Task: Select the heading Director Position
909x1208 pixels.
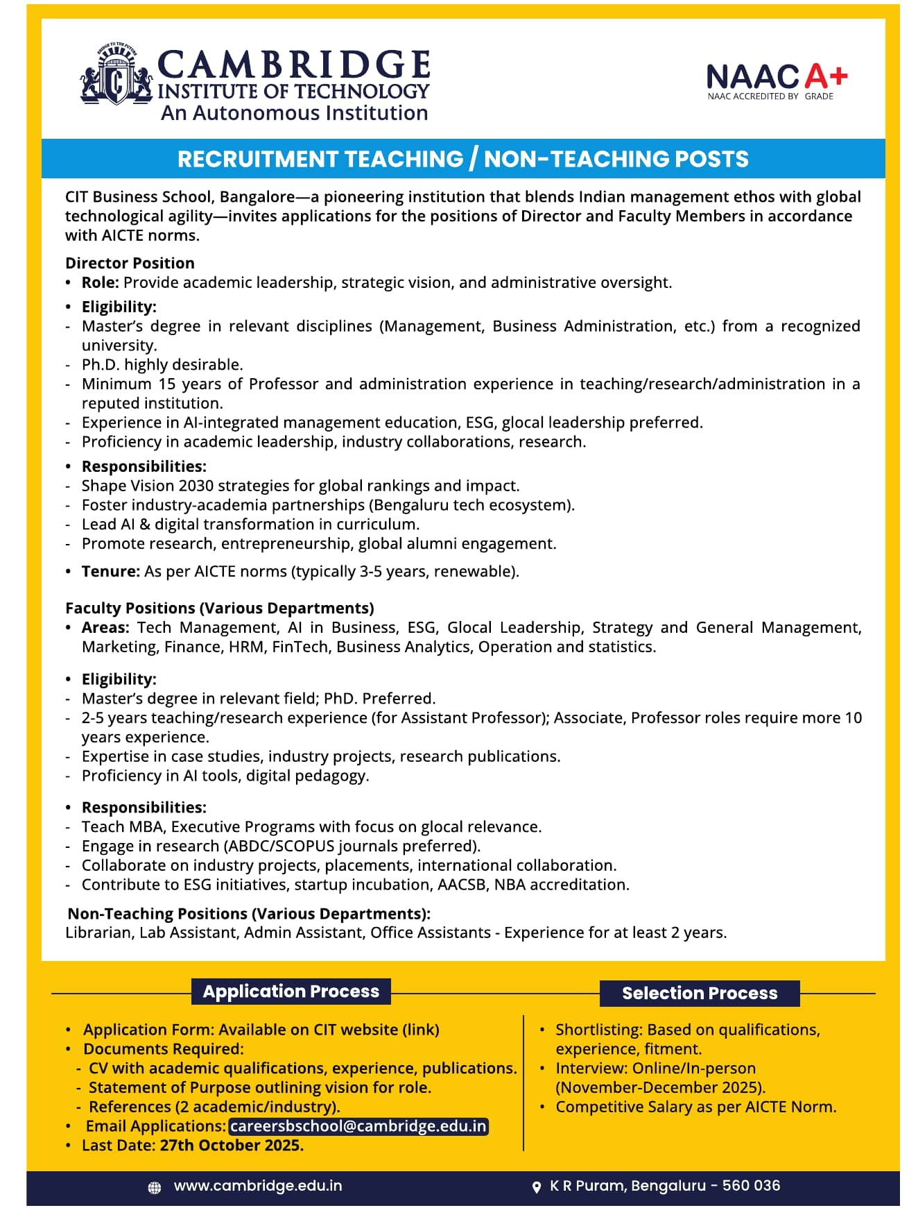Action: (x=130, y=263)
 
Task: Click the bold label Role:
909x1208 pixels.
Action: (x=101, y=282)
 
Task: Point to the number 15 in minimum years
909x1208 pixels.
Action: (x=167, y=384)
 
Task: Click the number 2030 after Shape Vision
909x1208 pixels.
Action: (x=198, y=486)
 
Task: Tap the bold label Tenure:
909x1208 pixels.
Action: (x=111, y=571)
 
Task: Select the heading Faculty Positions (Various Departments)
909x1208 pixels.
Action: (x=219, y=608)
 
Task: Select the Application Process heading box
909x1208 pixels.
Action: (x=291, y=991)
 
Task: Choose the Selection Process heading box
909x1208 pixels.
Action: (x=699, y=993)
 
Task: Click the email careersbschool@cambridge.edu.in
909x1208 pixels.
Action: (x=358, y=1125)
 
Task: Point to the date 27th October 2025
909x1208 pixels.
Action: (x=232, y=1145)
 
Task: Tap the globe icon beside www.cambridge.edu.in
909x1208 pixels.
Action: (x=155, y=1188)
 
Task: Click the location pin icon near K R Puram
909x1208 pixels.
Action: (x=536, y=1187)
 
